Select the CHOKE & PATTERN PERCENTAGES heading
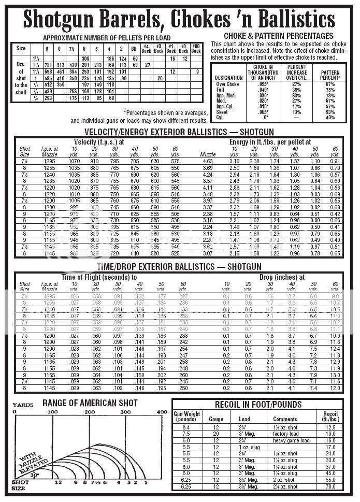(x=279, y=36)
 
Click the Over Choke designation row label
(x=227, y=83)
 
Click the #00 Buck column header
(x=195, y=49)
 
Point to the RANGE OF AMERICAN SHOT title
(x=90, y=403)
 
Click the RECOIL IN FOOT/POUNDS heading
(x=258, y=404)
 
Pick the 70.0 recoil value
(x=330, y=486)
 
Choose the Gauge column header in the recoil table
(x=216, y=419)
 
